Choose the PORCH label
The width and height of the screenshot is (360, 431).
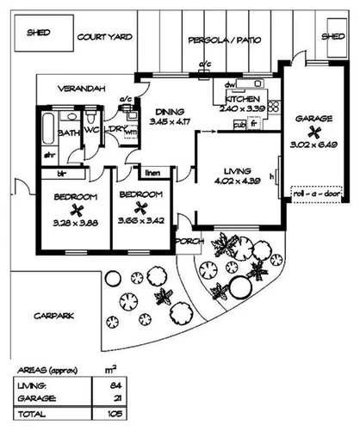click(x=188, y=242)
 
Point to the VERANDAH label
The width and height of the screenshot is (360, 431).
click(x=82, y=88)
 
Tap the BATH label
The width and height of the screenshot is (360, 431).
click(x=69, y=133)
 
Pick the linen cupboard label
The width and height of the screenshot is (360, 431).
click(x=152, y=172)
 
